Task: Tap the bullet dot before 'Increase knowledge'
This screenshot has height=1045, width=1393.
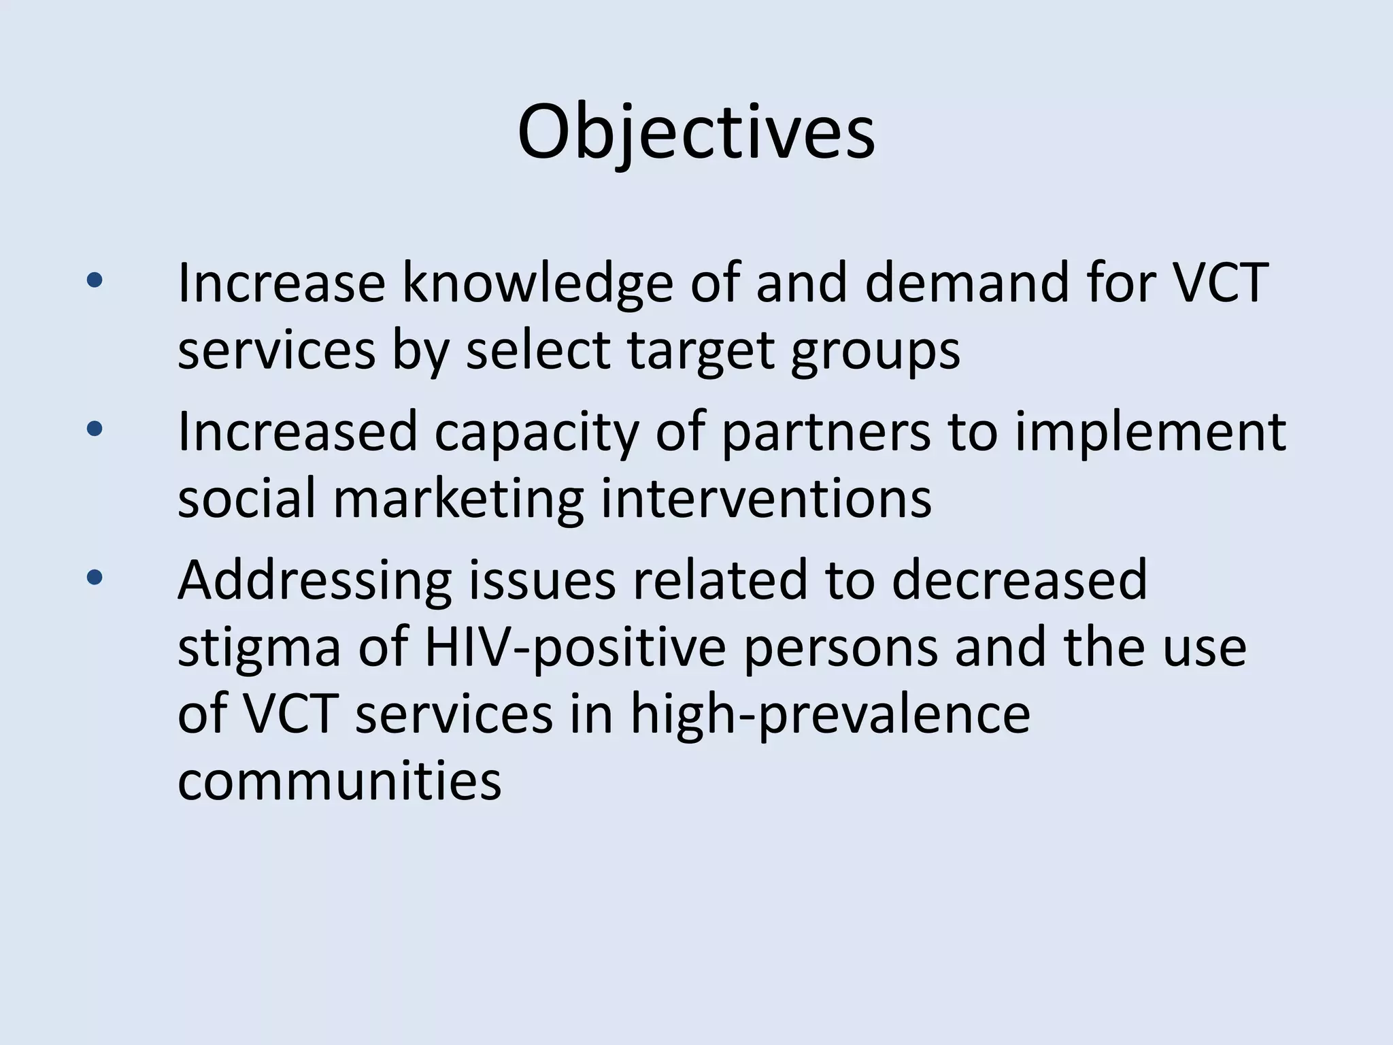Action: click(95, 280)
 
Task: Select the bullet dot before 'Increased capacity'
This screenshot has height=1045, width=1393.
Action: click(95, 429)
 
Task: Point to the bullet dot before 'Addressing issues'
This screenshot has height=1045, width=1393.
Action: click(95, 578)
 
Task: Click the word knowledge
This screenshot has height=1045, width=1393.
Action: click(537, 283)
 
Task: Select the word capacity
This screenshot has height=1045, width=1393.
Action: click(537, 433)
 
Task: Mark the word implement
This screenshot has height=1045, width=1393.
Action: click(1150, 433)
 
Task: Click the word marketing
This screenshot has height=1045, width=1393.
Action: click(458, 501)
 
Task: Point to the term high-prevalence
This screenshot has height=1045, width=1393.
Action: click(830, 716)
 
